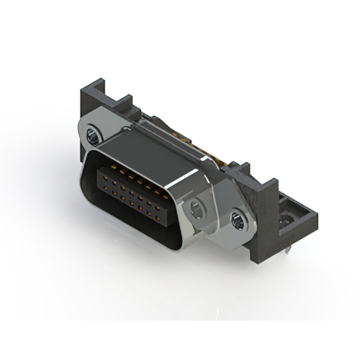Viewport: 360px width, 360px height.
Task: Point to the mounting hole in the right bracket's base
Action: point(289,218)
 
